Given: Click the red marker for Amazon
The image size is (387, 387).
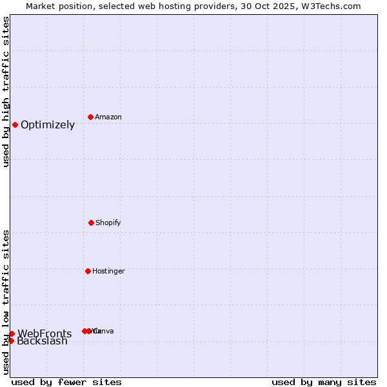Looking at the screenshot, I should click(x=91, y=117).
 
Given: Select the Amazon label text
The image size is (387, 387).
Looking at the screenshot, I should click(x=108, y=117).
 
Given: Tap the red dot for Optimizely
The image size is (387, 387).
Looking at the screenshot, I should click(x=15, y=124).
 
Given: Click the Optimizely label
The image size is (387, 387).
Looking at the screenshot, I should click(x=48, y=125).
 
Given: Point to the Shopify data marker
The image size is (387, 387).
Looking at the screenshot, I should click(x=91, y=223).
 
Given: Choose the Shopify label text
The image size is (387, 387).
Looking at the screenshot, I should click(x=108, y=223).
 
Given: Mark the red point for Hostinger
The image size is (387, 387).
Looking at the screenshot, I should click(x=88, y=271).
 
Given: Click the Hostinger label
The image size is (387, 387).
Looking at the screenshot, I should click(x=108, y=272).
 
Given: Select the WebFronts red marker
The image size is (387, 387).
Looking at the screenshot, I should click(x=12, y=333).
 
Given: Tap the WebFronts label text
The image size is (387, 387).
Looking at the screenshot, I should click(x=45, y=334).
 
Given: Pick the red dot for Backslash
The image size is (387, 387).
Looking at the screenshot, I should click(x=11, y=341).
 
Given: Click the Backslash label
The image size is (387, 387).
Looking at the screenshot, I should click(x=42, y=341).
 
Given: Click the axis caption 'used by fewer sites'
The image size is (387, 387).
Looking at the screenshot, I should click(x=66, y=382).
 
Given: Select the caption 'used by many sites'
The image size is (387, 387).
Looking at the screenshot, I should click(x=324, y=382).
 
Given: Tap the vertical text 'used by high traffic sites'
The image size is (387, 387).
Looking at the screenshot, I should click(x=6, y=92).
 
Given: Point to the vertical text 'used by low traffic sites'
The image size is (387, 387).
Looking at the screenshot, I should click(x=6, y=301).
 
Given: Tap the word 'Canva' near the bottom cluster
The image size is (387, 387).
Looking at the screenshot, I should click(x=104, y=332).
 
